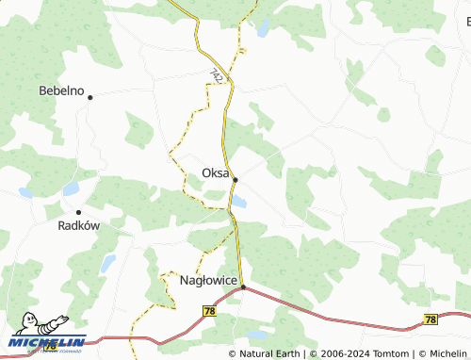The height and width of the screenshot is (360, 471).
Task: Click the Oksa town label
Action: point(216,172)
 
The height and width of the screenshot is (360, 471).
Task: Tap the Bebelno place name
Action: point(60,91)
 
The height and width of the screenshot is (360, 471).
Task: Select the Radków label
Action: point(79,226)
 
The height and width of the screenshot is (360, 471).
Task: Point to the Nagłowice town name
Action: point(207,280)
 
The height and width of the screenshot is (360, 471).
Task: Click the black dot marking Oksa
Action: point(235,179)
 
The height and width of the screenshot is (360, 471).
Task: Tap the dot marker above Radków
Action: point(78,212)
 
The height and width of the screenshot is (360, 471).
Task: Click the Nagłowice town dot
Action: point(242,286)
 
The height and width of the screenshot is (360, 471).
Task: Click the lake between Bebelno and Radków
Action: point(71,188)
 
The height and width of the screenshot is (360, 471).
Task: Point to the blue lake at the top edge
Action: point(263,26)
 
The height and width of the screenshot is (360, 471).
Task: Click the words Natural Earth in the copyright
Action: point(270,353)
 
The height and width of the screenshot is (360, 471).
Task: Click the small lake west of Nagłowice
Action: point(108,261)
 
